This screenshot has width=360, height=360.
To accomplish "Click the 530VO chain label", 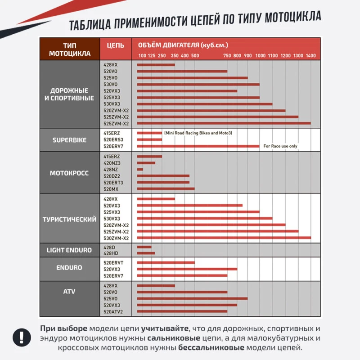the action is pos(110,84).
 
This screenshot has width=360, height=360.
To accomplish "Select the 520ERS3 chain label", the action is pos(113,139).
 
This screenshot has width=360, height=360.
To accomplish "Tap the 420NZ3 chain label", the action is pos(112,163).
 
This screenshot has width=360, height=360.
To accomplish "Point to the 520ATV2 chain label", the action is pos(113,312).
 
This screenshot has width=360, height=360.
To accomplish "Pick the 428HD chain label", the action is pos(111,253).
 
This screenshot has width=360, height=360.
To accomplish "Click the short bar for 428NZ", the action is pos(140,170).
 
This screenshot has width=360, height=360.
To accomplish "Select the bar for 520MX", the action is pos(166,189).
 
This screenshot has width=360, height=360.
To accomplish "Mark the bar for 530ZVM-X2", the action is pos(224,238).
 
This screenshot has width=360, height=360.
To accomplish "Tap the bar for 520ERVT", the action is pos(166,262).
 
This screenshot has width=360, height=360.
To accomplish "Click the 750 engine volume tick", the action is pos(227,55).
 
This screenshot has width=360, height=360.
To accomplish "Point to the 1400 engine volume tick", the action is pos(310,55).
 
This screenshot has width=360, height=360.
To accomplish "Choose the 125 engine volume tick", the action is pos(152,55).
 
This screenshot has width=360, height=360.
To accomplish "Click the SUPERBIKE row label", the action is pos(70,140).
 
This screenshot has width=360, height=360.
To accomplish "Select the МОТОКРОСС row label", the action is pos(69,173).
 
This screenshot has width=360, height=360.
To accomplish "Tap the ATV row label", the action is pos(69,291).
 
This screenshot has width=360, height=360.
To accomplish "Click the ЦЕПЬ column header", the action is pos(116,45).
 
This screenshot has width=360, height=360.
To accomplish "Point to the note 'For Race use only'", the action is pos(280,146).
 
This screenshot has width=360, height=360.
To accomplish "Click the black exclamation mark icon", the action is pos(22,337).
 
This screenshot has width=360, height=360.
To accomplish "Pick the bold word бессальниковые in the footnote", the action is pos(211,347).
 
